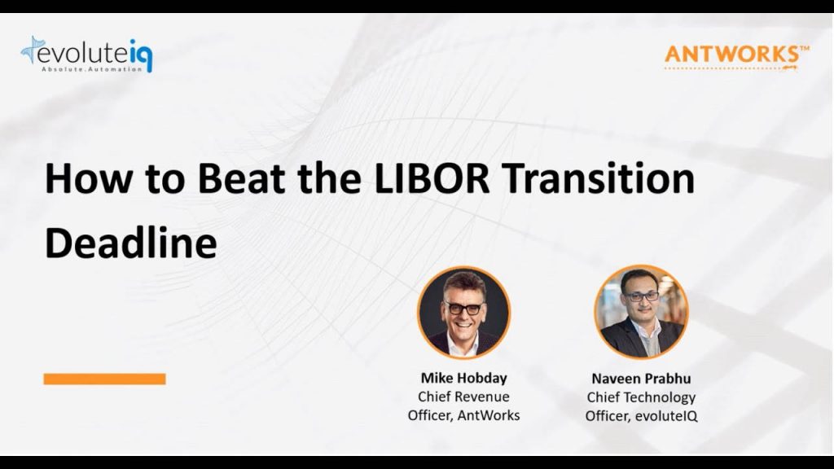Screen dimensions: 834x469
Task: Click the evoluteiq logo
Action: coord(86,55)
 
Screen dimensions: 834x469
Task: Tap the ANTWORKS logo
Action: coord(736,57)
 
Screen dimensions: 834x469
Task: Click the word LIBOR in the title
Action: coord(432,178)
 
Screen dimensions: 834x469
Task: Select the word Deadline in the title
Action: coord(131,243)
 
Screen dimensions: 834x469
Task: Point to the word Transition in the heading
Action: coord(599,178)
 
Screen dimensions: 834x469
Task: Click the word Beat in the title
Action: coord(241,178)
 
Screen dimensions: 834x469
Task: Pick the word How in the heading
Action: coord(88,178)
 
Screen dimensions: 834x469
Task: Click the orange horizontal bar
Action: coord(105,379)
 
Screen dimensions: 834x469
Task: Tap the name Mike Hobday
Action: coord(463,378)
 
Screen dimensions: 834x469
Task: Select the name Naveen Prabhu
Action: coord(641,379)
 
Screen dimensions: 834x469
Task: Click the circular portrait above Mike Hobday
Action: coord(463,312)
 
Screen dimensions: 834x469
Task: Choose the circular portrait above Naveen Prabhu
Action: coord(641,312)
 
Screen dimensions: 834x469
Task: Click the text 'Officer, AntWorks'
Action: coord(463,415)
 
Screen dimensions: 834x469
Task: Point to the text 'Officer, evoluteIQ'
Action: coord(641,416)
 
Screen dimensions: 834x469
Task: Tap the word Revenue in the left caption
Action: coord(483,397)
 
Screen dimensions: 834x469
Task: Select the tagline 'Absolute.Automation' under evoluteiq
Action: coord(92,69)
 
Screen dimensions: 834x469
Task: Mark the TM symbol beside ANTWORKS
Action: coord(804,48)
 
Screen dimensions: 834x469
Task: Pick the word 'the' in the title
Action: coord(330,178)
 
